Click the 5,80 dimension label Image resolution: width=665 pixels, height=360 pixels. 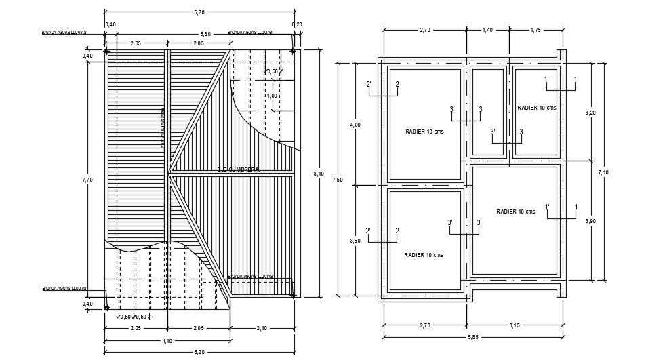click(199, 34)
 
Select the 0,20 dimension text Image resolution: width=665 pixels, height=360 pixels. click(297, 24)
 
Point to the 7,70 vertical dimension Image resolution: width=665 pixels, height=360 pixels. click(87, 180)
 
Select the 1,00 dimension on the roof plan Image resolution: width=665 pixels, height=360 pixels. click(272, 96)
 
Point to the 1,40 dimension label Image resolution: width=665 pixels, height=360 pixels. click(487, 31)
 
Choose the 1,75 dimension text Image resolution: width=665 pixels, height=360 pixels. click(535, 31)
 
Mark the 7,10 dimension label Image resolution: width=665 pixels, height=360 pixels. click(603, 172)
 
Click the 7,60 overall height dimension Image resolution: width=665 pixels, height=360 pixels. click(339, 180)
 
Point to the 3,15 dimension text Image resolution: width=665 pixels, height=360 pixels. click(515, 325)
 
